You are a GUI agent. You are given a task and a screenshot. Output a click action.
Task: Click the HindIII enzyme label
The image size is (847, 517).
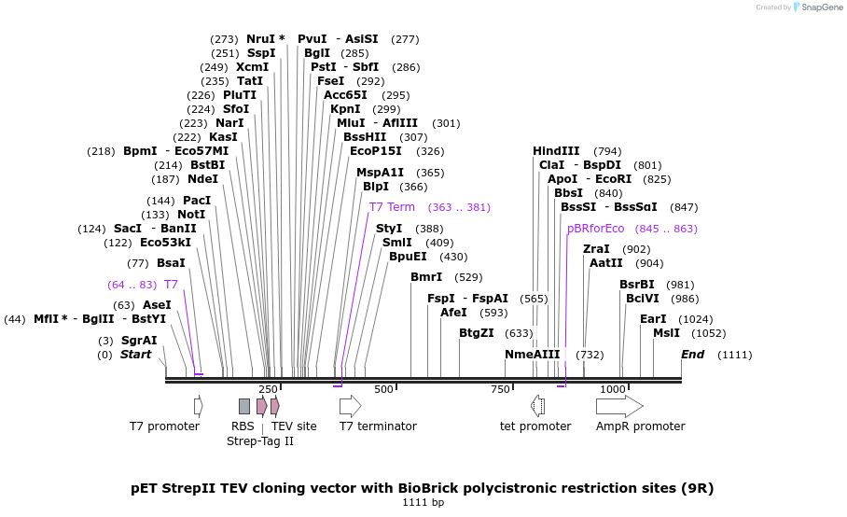pyautogui.click(x=556, y=151)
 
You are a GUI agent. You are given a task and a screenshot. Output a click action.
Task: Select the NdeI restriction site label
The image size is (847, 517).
pyautogui.click(x=202, y=179)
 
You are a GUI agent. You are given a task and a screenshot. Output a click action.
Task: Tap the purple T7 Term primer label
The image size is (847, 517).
pyautogui.click(x=392, y=207)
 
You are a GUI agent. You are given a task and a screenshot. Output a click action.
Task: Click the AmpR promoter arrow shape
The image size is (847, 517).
pyautogui.click(x=619, y=406)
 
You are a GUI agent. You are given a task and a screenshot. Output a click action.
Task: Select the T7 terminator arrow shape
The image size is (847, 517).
pyautogui.click(x=350, y=406)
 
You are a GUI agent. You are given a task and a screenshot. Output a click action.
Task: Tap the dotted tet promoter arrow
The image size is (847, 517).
pyautogui.click(x=537, y=406)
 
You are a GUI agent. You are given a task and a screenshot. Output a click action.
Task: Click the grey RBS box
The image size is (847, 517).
pyautogui.click(x=244, y=406)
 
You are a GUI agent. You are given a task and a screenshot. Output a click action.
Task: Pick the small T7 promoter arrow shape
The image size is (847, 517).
pyautogui.click(x=198, y=406)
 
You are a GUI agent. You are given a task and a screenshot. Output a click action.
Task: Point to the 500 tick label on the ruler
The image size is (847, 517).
pyautogui.click(x=382, y=389)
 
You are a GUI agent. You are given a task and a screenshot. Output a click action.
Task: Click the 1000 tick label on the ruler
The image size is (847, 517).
pyautogui.click(x=612, y=389)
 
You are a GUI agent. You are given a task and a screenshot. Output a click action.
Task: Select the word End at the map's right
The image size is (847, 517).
pyautogui.click(x=692, y=355)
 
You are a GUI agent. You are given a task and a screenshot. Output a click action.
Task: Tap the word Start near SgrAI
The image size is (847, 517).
pyautogui.click(x=135, y=355)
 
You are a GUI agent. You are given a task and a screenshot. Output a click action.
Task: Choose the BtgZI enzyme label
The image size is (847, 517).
pyautogui.click(x=477, y=333)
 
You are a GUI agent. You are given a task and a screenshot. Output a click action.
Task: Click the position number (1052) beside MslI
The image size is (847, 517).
pyautogui.click(x=708, y=333)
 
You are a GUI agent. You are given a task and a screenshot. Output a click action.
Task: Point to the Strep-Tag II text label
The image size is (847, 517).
pyautogui.click(x=260, y=441)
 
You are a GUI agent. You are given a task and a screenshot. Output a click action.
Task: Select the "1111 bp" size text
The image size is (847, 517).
pyautogui.click(x=423, y=503)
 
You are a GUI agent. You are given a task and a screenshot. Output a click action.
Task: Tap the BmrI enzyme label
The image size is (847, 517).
pyautogui.click(x=426, y=277)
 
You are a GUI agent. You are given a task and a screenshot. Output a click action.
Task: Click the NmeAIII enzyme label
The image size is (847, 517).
pyautogui.click(x=533, y=355)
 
